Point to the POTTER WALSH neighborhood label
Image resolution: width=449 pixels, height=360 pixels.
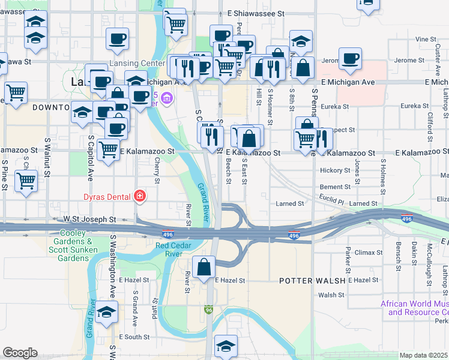[x=312, y=280]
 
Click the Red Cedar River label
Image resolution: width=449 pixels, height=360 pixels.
[x=177, y=249]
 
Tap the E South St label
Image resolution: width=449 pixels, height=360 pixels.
[x=134, y=337]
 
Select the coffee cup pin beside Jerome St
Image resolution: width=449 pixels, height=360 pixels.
[x=350, y=59]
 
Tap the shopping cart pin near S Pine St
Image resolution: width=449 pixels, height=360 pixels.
[x=26, y=180]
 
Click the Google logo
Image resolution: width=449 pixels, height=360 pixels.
[x=20, y=353]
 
